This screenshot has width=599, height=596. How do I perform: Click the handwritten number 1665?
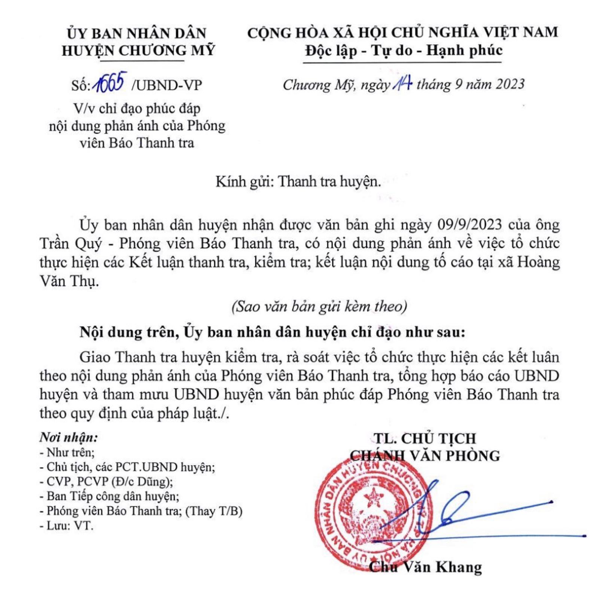pyautogui.click(x=110, y=83)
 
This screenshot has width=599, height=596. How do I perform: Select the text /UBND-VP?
pyautogui.click(x=167, y=85)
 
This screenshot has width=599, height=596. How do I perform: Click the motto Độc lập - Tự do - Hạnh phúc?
pyautogui.click(x=404, y=51)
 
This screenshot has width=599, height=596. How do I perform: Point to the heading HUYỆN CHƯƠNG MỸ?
pyautogui.click(x=138, y=51)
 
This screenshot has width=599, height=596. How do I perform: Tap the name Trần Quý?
pyautogui.click(x=71, y=244)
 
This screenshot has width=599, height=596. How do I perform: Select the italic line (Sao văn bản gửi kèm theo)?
pyautogui.click(x=319, y=307)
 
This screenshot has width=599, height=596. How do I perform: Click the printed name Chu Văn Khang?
pyautogui.click(x=425, y=567)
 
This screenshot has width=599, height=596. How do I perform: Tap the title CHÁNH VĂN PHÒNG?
pyautogui.click(x=425, y=456)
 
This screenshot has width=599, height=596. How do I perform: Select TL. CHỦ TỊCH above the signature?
pyautogui.click(x=425, y=438)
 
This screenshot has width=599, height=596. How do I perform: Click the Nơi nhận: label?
pyautogui.click(x=69, y=437)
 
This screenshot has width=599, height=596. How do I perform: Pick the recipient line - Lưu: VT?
pyautogui.click(x=66, y=526)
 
